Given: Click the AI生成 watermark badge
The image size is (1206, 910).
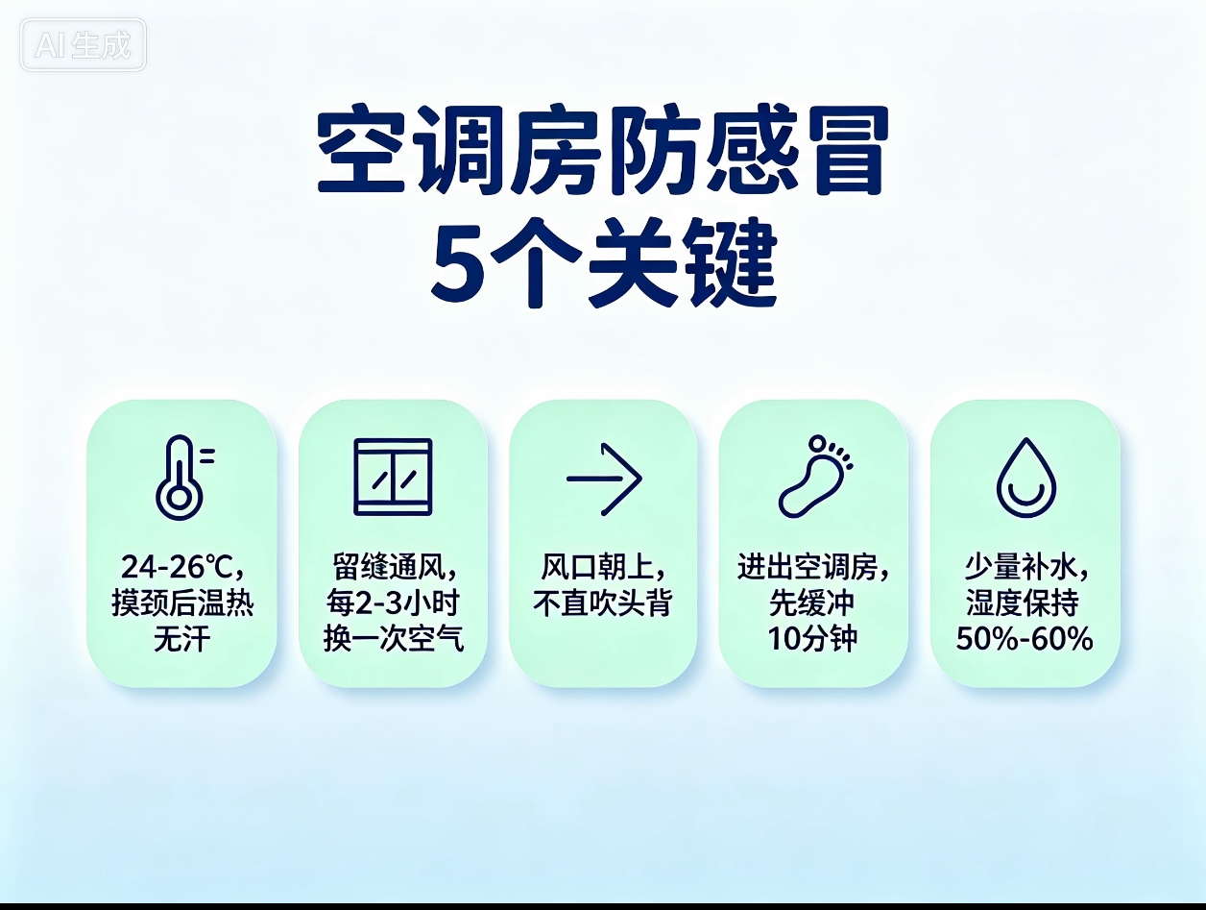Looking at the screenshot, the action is pos(83,44).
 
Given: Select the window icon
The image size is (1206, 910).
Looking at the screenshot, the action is pos(393,477).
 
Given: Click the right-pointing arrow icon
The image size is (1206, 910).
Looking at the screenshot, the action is pos(604,479).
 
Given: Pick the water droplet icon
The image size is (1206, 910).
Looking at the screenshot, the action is pos(1026,478).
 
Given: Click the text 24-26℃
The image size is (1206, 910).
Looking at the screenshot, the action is pos(176,567).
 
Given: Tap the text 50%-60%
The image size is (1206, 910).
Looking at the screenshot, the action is pos(1025,639).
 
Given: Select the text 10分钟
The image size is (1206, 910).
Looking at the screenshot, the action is pos(812,639).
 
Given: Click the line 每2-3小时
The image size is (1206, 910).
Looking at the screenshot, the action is pos(393,603).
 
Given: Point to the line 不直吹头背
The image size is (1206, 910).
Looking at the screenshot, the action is pos(603,603).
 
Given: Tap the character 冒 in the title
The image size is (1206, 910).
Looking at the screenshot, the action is pos(848,150).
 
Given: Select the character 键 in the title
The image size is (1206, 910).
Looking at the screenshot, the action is pos(736,263).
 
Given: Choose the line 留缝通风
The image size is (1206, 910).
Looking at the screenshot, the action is pos(390,567).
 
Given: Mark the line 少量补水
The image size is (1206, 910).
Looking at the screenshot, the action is pos(1022,567).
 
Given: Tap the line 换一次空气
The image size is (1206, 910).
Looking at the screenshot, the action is pos(394,639).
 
